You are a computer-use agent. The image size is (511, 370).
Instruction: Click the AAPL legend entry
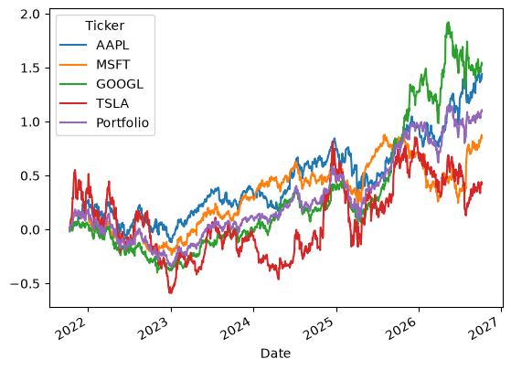tap(112, 46)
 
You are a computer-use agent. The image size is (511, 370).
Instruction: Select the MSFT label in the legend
tap(113, 65)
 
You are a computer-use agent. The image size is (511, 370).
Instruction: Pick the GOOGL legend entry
tap(120, 84)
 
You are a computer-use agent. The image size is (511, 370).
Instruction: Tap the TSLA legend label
tap(112, 103)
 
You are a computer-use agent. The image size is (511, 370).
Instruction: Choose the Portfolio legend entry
tap(122, 122)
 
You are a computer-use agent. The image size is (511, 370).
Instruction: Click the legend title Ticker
tap(104, 26)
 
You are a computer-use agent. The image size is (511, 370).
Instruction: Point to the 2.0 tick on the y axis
tap(30, 15)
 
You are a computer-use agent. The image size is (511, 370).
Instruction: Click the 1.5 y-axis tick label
tap(30, 69)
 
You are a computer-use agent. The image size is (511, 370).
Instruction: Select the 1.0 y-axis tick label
tap(30, 122)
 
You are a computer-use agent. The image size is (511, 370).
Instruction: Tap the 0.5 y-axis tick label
tap(30, 176)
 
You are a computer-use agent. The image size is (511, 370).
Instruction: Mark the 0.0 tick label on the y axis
tap(30, 230)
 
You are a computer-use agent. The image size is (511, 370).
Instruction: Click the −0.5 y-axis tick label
tap(25, 284)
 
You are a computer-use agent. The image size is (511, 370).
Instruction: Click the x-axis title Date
tap(276, 354)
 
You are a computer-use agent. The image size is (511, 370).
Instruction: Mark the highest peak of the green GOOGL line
tap(449, 23)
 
